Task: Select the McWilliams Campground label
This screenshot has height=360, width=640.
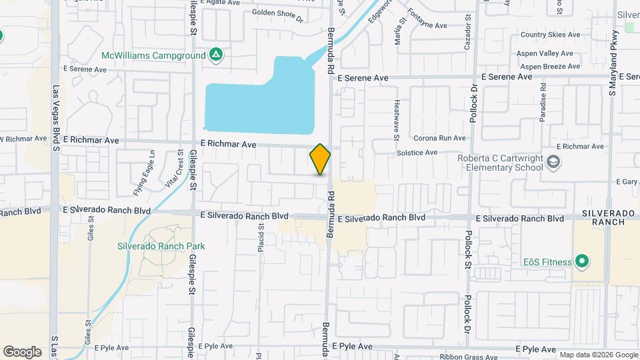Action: click(x=153, y=55)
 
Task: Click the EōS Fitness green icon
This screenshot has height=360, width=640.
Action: click(x=581, y=261)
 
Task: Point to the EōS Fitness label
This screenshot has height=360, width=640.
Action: click(x=546, y=262)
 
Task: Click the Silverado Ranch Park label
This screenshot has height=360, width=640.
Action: click(x=161, y=246)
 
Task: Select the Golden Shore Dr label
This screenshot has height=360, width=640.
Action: click(x=277, y=16)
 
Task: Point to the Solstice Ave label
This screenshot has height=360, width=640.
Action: click(x=417, y=153)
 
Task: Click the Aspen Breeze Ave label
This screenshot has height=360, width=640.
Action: click(x=550, y=67)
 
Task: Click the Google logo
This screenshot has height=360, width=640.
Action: click(x=22, y=352)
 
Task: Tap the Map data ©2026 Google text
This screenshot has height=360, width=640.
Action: click(x=598, y=355)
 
